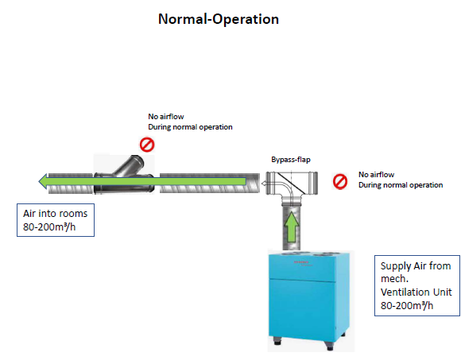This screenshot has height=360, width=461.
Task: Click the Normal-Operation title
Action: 219,19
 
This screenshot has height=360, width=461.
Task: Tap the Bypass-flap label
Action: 291,160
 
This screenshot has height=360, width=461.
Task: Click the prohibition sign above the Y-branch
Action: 147,145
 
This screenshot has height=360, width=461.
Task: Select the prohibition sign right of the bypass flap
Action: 340,181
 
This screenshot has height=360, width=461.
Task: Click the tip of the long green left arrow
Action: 39,181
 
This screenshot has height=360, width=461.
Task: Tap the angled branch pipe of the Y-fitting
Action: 130,166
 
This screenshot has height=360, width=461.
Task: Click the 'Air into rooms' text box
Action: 56,220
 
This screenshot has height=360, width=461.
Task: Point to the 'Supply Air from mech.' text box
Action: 417,285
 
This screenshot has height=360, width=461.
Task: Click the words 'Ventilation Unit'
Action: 416,292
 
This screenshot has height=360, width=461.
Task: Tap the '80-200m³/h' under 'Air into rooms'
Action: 49,226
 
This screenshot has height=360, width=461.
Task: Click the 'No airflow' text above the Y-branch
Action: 166,117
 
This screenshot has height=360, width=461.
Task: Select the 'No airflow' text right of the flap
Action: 376,175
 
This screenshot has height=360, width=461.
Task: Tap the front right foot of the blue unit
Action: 329,345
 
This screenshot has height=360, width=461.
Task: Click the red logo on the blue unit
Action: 301,261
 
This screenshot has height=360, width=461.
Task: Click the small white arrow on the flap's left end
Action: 264,184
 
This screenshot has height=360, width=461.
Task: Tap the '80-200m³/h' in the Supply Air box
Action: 407,306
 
